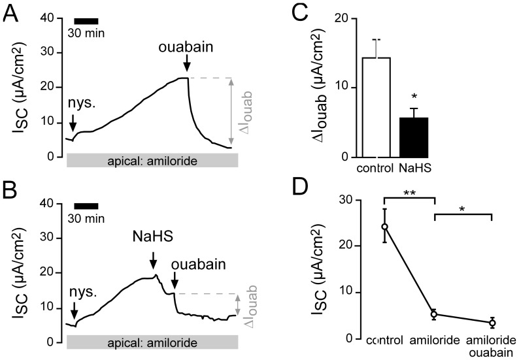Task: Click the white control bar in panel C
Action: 376,107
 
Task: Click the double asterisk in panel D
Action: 410,193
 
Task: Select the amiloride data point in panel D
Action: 435,314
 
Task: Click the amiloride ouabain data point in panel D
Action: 492,323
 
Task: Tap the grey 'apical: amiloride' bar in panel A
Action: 152,159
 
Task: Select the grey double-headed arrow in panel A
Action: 231,110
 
